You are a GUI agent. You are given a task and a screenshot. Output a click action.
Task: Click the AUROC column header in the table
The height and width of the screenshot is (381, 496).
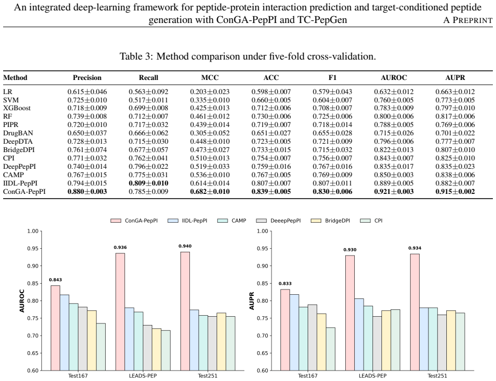tap(393, 78)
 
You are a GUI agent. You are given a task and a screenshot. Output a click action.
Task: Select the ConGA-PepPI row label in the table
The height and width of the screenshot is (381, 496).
tap(25, 191)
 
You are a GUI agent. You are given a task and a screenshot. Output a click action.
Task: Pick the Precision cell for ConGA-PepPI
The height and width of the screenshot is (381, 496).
tap(87, 191)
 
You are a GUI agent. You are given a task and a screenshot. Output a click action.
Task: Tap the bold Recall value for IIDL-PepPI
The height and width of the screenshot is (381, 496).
tap(149, 183)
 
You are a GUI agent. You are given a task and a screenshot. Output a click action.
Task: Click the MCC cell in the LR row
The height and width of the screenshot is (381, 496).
tap(210, 91)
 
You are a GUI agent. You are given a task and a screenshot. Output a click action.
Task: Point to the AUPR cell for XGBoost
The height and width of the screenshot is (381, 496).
tap(455, 108)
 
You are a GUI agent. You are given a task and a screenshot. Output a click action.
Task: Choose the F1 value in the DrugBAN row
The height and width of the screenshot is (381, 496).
tap(332, 133)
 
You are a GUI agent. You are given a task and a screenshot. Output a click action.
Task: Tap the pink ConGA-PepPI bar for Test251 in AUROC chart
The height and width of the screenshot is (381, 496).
tap(185, 311)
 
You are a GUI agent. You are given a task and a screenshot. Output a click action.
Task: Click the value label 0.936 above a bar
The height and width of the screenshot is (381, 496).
tap(120, 247)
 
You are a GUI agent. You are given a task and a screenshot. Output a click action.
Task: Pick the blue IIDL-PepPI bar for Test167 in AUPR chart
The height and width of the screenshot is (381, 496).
tap(294, 332)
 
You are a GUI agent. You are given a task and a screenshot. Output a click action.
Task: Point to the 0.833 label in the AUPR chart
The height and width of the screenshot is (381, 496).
tap(285, 283)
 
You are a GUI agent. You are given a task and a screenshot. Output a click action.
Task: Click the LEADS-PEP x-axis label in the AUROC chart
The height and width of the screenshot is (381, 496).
tap(143, 376)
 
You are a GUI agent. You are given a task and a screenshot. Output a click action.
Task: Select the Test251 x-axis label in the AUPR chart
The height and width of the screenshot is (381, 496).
tap(437, 376)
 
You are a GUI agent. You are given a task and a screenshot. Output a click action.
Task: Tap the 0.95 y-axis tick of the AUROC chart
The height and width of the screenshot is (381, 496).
tap(32, 249)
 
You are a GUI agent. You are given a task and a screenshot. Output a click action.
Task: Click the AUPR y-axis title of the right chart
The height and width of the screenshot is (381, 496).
tap(252, 301)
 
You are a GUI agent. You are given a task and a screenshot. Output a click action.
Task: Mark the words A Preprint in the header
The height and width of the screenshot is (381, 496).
tap(468, 20)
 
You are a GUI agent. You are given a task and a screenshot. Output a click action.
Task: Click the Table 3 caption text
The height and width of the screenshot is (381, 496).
tap(247, 56)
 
